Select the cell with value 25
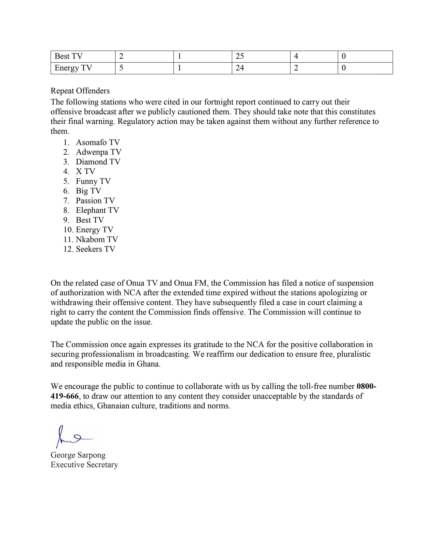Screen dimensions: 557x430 point(240,56)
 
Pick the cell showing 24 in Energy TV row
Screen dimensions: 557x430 point(240,68)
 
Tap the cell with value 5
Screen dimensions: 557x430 point(121,68)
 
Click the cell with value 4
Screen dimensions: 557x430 point(296,56)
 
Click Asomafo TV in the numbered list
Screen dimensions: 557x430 point(98,142)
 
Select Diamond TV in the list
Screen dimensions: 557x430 point(98,162)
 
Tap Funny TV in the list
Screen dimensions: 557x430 point(93,181)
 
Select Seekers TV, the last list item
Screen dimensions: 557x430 point(95,249)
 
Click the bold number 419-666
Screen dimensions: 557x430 point(64,396)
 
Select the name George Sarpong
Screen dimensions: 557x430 point(78,455)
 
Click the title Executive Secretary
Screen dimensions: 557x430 point(84,465)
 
